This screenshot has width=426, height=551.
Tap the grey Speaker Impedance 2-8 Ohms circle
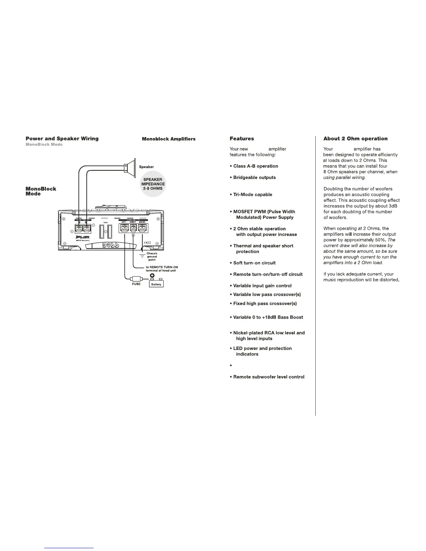coord(153,184)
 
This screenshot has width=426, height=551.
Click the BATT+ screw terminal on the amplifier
coord(124,228)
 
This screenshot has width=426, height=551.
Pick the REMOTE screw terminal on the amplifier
coord(133,228)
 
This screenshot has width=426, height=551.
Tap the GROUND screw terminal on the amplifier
coord(142,228)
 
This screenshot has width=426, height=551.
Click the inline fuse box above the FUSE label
coord(135,279)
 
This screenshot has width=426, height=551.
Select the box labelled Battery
coord(156,284)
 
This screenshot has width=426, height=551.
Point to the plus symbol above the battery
coord(152,276)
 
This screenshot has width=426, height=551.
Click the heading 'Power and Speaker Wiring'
coord(62,138)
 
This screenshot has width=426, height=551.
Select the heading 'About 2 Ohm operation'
coord(355,138)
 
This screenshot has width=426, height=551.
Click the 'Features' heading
coord(242,138)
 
